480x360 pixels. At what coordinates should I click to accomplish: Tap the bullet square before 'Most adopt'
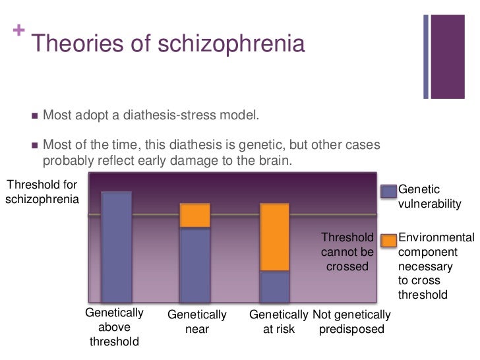pyautogui.click(x=35, y=116)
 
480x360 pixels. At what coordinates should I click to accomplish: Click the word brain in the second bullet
pyautogui.click(x=291, y=160)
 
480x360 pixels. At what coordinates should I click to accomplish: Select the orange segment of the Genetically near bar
pyautogui.click(x=195, y=216)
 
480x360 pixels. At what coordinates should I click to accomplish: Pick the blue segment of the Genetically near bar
pyautogui.click(x=195, y=264)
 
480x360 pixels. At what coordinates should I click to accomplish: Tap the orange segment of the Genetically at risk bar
pyautogui.click(x=275, y=237)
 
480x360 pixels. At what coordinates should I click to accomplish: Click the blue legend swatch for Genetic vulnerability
pyautogui.click(x=389, y=191)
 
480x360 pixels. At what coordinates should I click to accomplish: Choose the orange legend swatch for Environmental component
pyautogui.click(x=389, y=240)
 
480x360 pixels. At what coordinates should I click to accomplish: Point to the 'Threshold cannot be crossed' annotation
pyautogui.click(x=347, y=252)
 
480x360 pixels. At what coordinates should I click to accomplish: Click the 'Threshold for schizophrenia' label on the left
pyautogui.click(x=42, y=192)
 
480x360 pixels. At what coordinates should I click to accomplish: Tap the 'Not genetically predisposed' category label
pyautogui.click(x=351, y=322)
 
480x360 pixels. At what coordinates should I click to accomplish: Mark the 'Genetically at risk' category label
pyautogui.click(x=278, y=322)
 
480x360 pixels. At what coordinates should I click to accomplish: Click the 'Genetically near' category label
pyautogui.click(x=197, y=322)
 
